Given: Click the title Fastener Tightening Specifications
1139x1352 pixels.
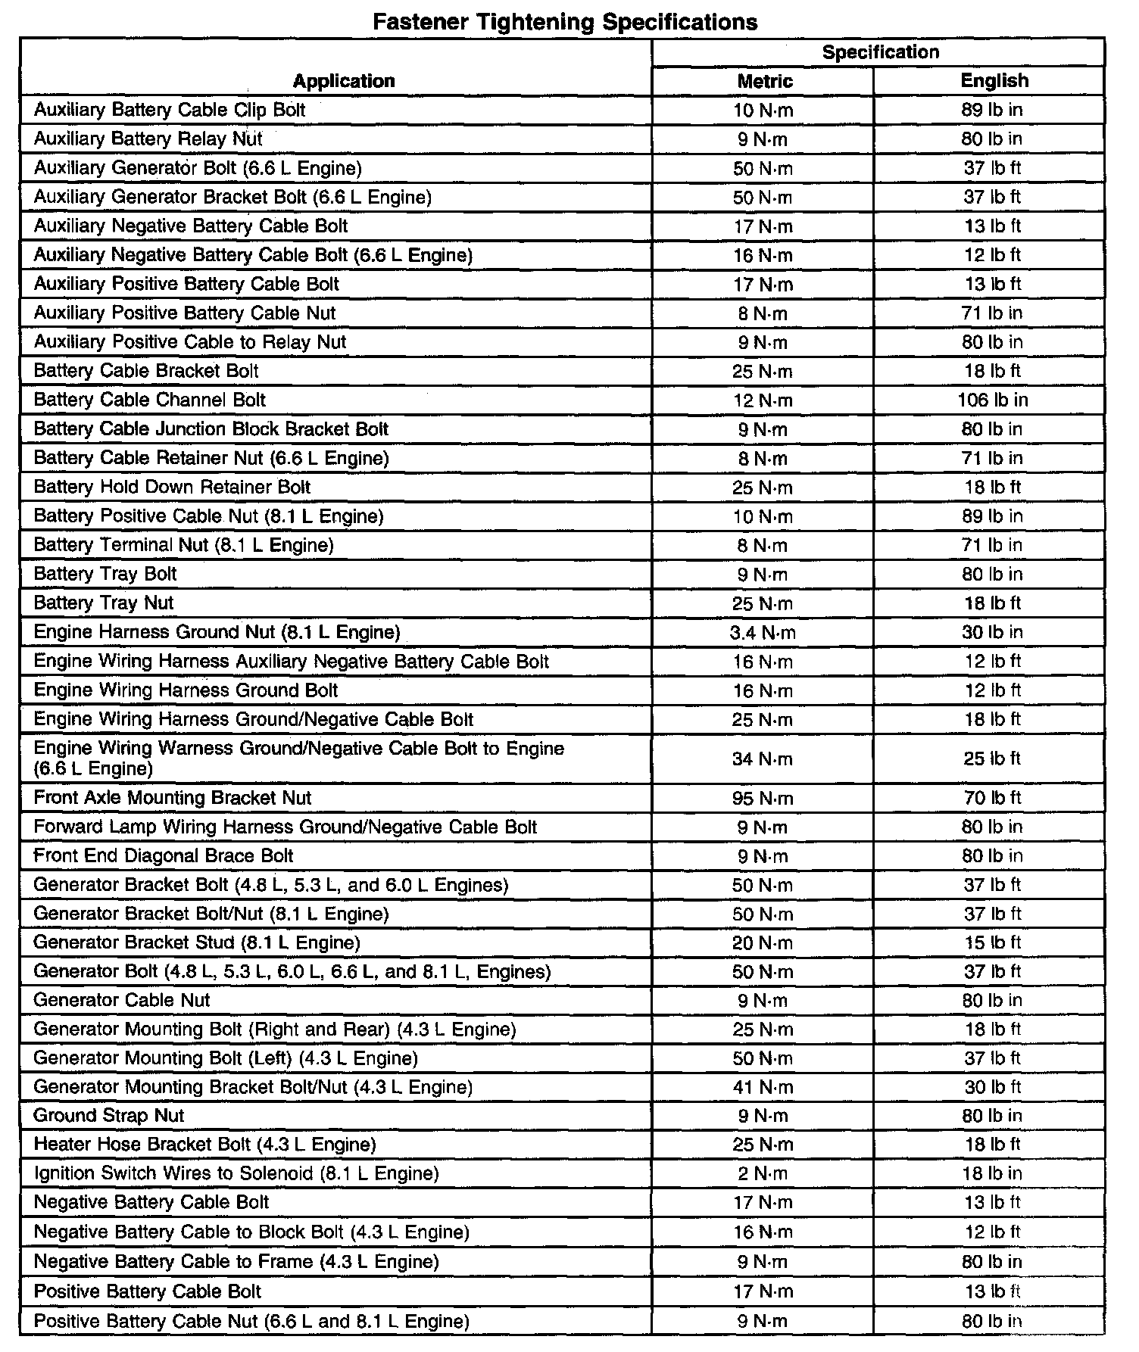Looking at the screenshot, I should [x=565, y=21].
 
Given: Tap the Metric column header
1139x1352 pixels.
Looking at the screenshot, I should [x=764, y=81].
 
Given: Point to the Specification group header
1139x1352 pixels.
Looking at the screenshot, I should [x=880, y=51].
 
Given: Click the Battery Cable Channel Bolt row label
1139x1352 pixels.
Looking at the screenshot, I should [x=150, y=400].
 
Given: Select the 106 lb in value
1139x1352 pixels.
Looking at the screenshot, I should [x=992, y=400].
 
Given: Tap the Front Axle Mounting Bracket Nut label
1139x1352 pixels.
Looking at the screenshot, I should [x=173, y=798].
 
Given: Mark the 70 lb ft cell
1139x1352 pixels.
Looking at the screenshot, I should [x=992, y=798].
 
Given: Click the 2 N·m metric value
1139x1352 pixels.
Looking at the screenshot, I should [x=763, y=1173].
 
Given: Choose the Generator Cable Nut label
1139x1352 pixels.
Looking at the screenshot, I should [x=122, y=1000].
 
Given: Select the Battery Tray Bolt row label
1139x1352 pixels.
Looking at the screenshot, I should [x=105, y=574].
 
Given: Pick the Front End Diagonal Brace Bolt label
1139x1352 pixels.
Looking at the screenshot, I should [x=164, y=855].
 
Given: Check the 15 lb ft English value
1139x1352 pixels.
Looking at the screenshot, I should [x=992, y=942].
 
